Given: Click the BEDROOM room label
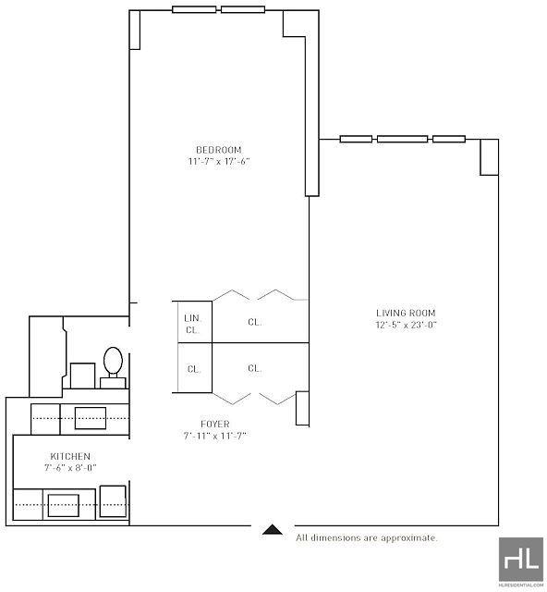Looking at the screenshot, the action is coord(219,150).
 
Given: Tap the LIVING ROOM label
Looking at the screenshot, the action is coord(406,313).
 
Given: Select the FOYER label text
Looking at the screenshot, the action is coord(215,424).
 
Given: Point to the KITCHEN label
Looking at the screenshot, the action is coord(70,456).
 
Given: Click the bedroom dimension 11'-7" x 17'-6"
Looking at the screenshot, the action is coord(219,161).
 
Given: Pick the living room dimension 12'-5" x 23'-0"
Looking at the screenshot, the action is coord(406,325).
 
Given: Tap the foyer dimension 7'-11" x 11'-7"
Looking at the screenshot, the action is coord(214,436).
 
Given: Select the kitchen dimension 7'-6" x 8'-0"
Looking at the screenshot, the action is coord(70,467).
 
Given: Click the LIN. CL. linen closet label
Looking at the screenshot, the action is coord(192,324).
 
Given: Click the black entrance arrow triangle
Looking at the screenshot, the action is coord(273,530).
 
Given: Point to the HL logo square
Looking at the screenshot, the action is coord(521,559).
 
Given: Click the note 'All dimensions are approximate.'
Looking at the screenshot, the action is coord(367,537).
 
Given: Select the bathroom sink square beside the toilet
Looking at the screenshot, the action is coord(82,376).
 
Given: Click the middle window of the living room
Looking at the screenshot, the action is coord(403,139).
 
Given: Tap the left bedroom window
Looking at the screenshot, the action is coord(194,9).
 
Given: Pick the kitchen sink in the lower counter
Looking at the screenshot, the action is coord(64,505).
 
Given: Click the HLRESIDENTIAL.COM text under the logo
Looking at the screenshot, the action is coord(521,586).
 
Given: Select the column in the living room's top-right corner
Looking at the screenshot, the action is coord(490,157).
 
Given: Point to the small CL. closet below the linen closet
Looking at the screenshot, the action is coord(194,369).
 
